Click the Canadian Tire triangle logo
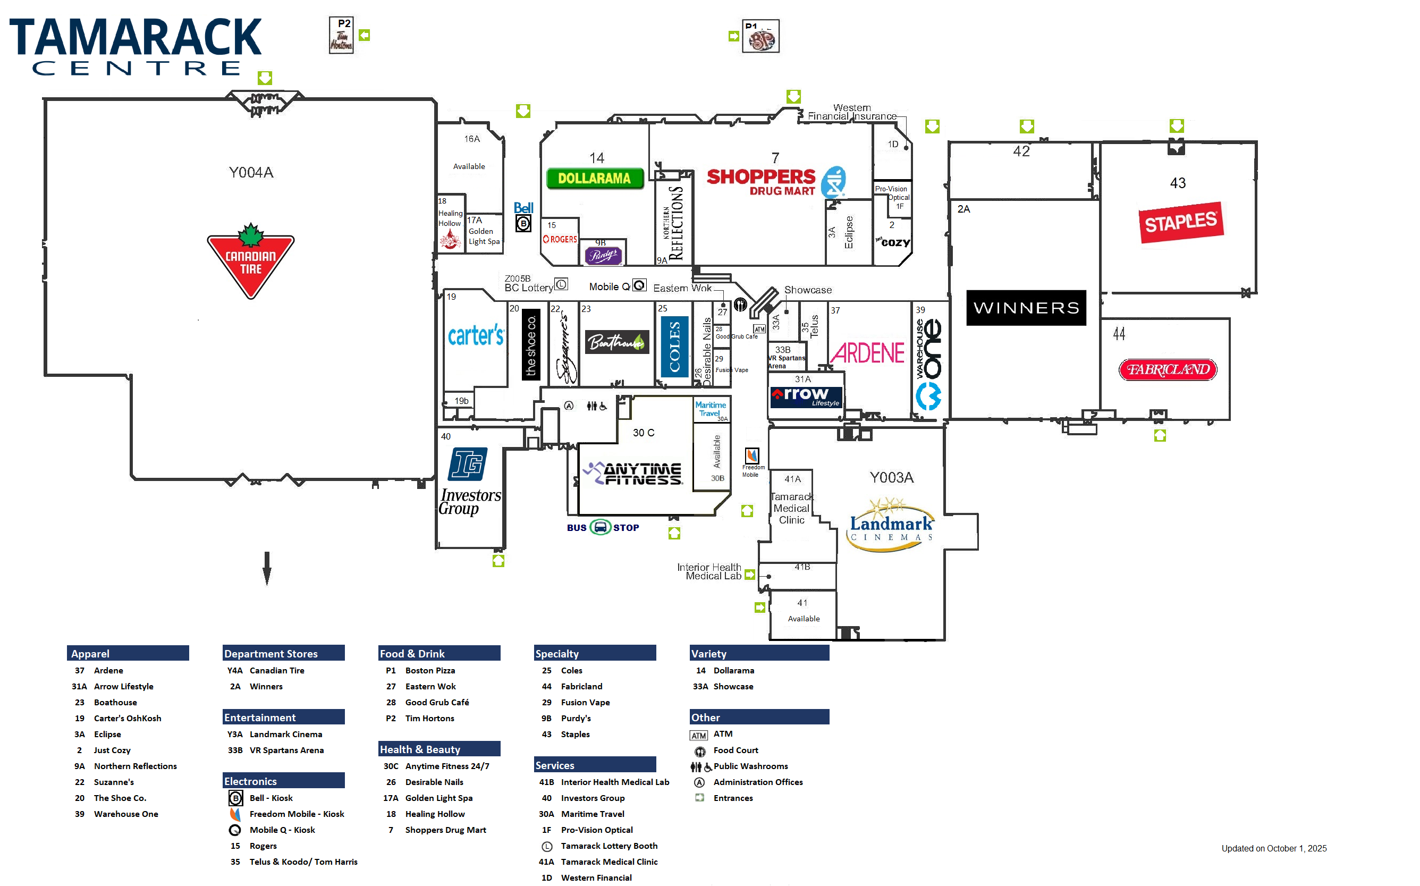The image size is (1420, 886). (x=251, y=261)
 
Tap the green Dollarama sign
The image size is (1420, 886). (x=594, y=178)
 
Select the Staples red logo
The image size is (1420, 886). (x=1180, y=222)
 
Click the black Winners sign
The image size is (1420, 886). (x=1025, y=308)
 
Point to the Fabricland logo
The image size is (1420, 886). (x=1168, y=370)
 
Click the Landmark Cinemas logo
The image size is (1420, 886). (x=891, y=525)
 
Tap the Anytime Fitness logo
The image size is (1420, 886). (x=633, y=474)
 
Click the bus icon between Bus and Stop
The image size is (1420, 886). (x=600, y=527)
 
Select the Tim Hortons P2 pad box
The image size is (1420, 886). (x=342, y=35)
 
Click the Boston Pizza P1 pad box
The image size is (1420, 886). (x=760, y=36)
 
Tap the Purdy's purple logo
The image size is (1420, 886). (x=603, y=256)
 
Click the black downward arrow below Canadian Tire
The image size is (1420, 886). (x=267, y=568)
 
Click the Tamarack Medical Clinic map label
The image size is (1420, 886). (x=791, y=508)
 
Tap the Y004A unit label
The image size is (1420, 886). (x=251, y=172)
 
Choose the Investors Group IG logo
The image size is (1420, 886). (x=467, y=464)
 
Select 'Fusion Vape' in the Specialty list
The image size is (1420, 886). (x=585, y=702)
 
